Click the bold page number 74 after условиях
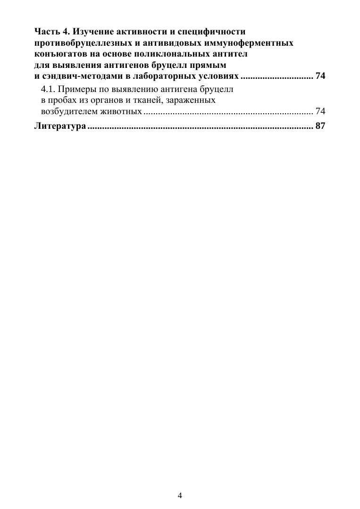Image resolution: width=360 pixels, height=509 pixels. (320, 75)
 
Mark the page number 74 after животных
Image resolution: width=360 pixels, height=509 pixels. (320, 112)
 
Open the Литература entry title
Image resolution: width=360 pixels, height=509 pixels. (59, 126)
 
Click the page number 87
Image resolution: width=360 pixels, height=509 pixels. (320, 126)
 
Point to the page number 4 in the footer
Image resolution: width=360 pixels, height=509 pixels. (180, 495)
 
